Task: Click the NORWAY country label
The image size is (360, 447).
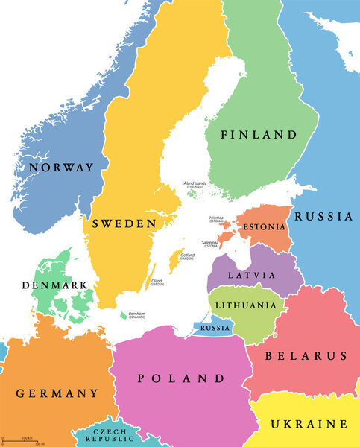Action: click(x=61, y=168)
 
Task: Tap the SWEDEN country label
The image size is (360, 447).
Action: click(x=124, y=223)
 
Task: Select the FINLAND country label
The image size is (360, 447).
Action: click(x=258, y=135)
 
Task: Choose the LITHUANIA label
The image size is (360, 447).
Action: click(x=245, y=305)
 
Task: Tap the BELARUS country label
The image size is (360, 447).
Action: click(x=307, y=355)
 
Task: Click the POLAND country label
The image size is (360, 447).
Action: click(x=182, y=378)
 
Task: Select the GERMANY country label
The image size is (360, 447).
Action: click(x=57, y=393)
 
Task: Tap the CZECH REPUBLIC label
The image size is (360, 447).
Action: click(x=109, y=435)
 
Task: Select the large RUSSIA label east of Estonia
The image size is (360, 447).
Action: click(x=323, y=217)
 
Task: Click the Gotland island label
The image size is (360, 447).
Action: click(x=187, y=257)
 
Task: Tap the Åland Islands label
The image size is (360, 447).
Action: click(x=195, y=184)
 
